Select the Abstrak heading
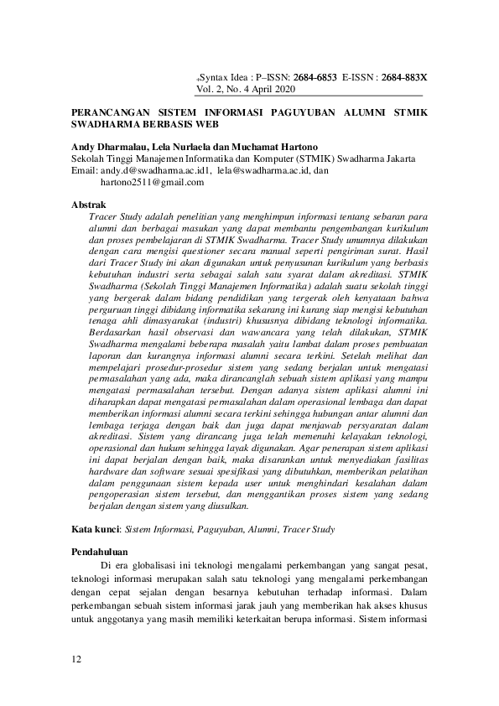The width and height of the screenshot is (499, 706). (88, 204)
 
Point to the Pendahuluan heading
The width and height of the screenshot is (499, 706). (104, 553)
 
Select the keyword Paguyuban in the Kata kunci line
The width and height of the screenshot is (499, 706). (221, 529)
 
